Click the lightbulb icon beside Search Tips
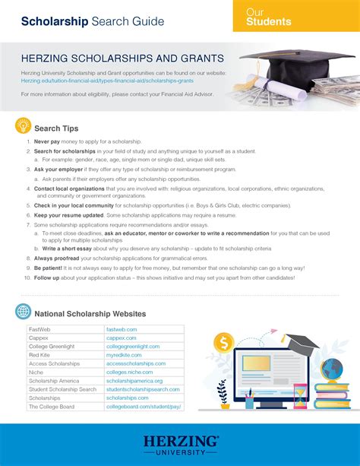pyautogui.click(x=23, y=128)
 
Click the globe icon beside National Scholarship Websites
pyautogui.click(x=23, y=310)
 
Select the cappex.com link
pyautogui.click(x=121, y=338)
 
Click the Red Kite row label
pyautogui.click(x=39, y=355)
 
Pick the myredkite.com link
pyautogui.click(x=123, y=355)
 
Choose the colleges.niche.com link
pyautogui.click(x=128, y=372)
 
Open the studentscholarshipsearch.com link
pyautogui.click(x=143, y=389)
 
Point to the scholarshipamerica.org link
pyautogui.click(x=134, y=381)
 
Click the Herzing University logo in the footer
pyautogui.click(x=179, y=445)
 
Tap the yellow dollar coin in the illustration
pyautogui.click(x=223, y=343)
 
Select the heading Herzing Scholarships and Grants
pyautogui.click(x=122, y=58)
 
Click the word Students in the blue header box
pyautogui.click(x=268, y=22)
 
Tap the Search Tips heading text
pyautogui.click(x=57, y=128)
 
